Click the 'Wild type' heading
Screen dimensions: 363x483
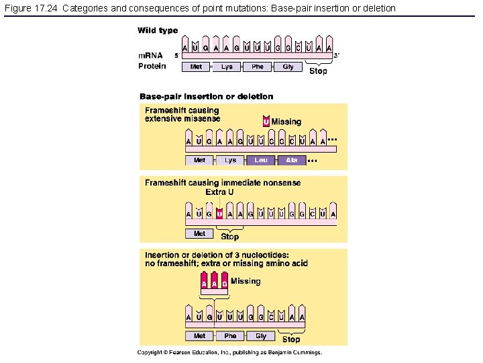click(x=158, y=30)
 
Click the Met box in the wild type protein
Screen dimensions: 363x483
click(x=196, y=67)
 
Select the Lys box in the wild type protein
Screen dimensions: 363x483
click(x=227, y=67)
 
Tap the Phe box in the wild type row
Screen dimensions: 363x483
click(x=258, y=67)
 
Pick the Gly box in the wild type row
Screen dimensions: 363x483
click(x=288, y=67)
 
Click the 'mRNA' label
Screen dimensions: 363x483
click(x=151, y=55)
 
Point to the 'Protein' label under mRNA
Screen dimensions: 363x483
click(x=152, y=66)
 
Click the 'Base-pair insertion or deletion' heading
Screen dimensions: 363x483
click(x=207, y=97)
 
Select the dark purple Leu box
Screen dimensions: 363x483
click(x=261, y=160)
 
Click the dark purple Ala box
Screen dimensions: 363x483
click(x=292, y=160)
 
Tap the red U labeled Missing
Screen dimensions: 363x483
click(x=266, y=122)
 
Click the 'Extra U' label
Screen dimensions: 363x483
click(x=219, y=192)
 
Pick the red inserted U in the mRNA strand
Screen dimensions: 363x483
click(x=219, y=214)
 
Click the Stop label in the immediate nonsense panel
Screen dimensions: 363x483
click(x=230, y=237)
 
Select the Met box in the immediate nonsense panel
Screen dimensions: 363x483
click(x=199, y=233)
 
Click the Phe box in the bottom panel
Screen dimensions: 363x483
click(x=230, y=335)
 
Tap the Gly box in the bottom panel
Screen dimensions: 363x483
click(x=261, y=335)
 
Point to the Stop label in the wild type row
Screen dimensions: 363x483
click(x=318, y=71)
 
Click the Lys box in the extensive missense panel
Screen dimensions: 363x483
click(x=230, y=160)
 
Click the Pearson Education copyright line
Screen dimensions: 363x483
click(x=230, y=352)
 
